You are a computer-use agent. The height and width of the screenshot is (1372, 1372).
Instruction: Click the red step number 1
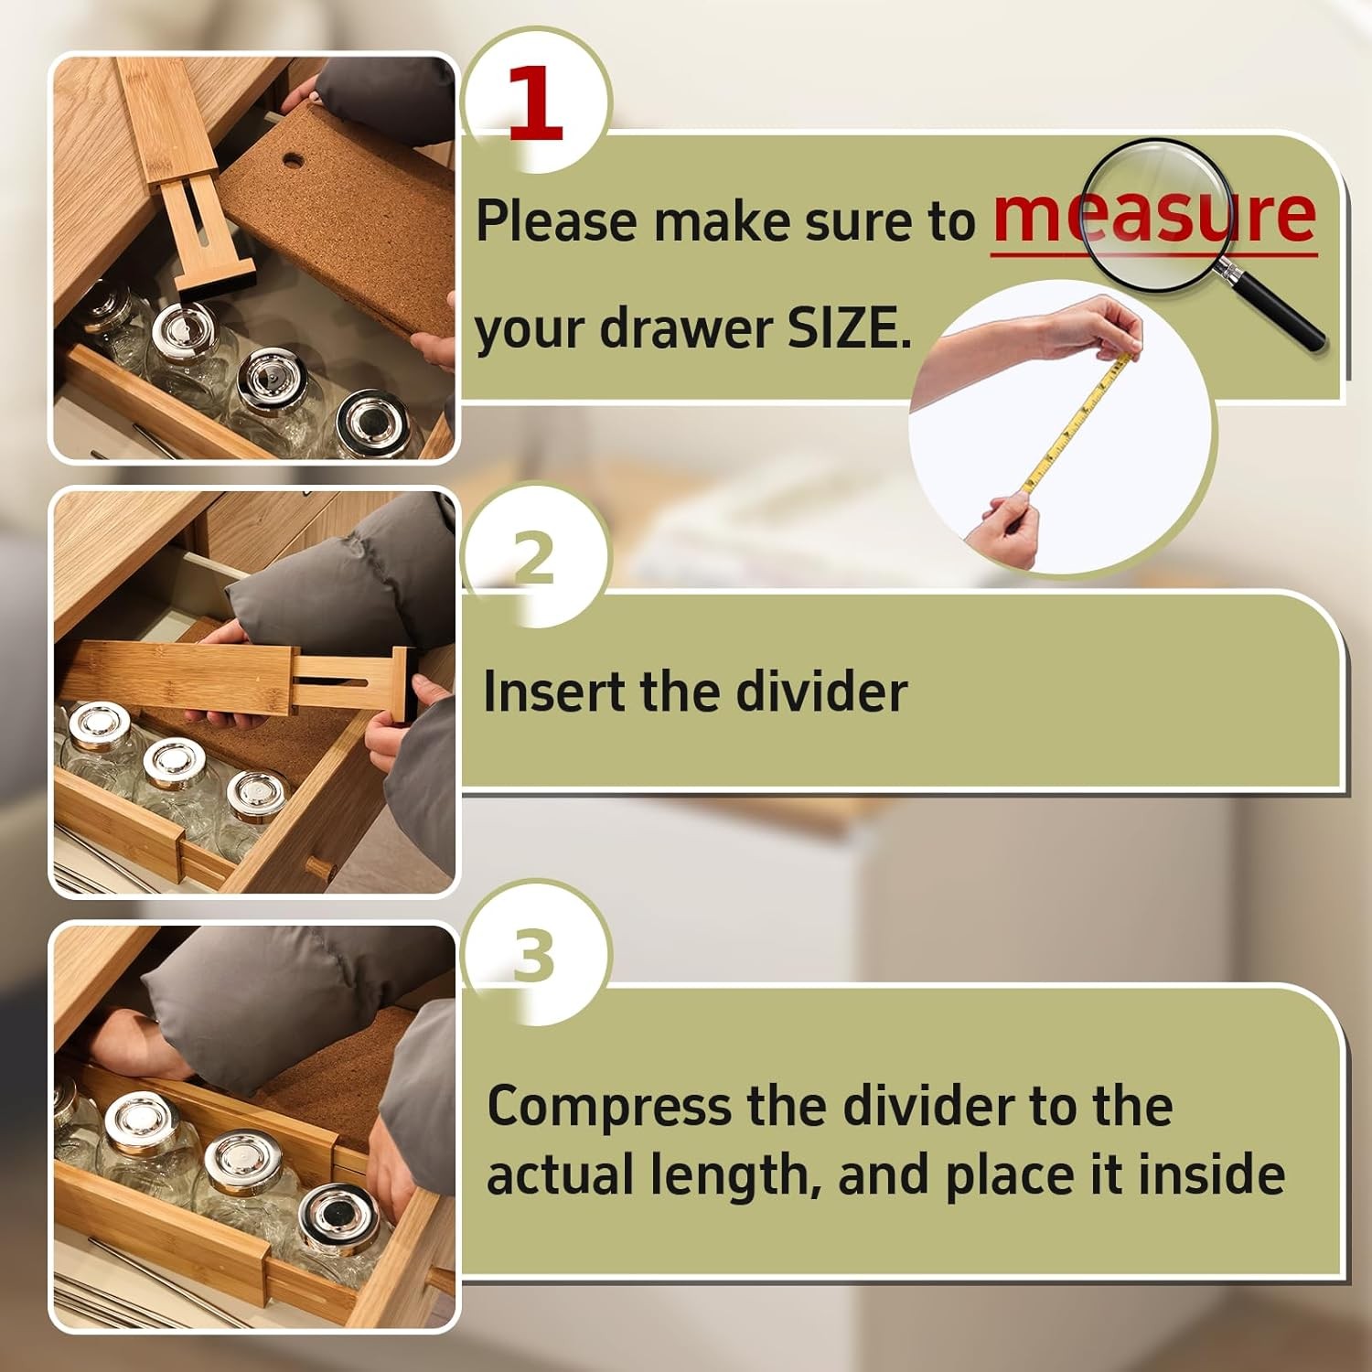coord(535,102)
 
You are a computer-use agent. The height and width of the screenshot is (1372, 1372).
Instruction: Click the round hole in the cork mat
coord(293,161)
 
